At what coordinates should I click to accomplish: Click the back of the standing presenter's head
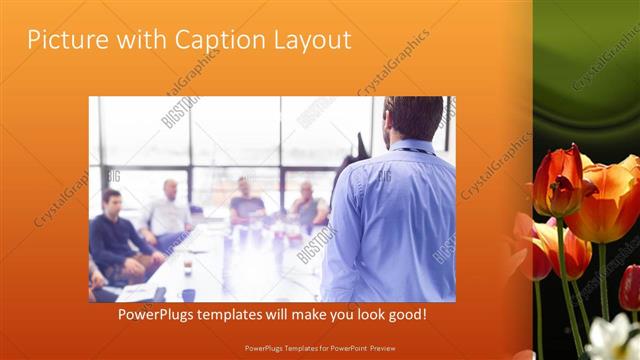pos(413,117)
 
